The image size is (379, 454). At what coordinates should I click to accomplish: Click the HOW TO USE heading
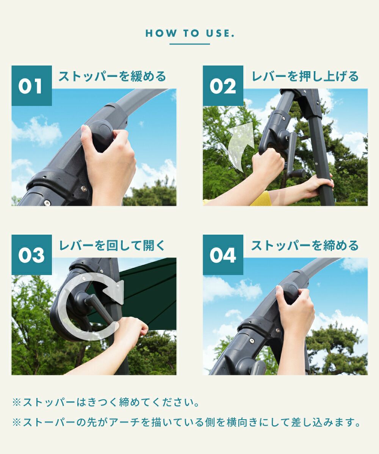point(190,33)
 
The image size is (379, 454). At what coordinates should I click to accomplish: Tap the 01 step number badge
point(32,86)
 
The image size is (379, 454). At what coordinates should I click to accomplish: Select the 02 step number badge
point(223,86)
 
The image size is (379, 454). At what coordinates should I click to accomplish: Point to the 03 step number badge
point(32,255)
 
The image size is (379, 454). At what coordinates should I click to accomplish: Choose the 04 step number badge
point(223,255)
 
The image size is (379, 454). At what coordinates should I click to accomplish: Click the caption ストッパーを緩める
point(112,76)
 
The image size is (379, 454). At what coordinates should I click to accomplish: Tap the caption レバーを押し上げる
point(305,76)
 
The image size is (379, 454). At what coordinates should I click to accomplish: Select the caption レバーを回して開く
point(112,246)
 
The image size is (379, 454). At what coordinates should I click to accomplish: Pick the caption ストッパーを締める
point(305,246)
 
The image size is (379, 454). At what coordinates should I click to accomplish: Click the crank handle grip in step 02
point(297,173)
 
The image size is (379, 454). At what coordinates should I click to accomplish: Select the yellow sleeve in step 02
point(260,199)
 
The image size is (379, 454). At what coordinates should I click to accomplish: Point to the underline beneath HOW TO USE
point(190,44)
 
